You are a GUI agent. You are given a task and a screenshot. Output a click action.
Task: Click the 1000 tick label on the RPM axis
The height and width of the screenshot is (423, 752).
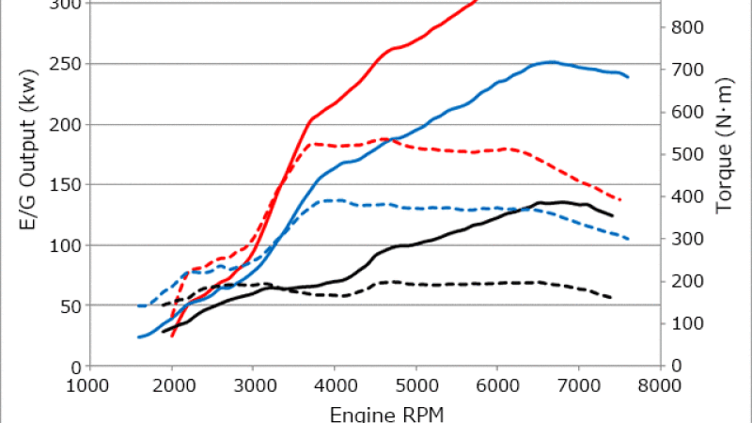coord(90,385)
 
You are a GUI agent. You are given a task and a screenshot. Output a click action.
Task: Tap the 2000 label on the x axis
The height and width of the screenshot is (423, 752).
coord(172,385)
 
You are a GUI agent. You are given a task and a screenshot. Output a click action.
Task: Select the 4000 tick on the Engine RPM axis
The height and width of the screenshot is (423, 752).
coord(336,385)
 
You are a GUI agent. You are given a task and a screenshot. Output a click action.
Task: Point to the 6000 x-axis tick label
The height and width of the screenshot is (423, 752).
coord(498,385)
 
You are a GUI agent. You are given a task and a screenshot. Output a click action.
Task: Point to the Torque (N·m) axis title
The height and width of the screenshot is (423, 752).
coord(725,155)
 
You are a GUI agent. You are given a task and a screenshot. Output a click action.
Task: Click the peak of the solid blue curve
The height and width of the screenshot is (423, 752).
coord(551,62)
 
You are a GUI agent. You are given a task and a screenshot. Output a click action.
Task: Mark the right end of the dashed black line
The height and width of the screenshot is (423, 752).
coord(612,298)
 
